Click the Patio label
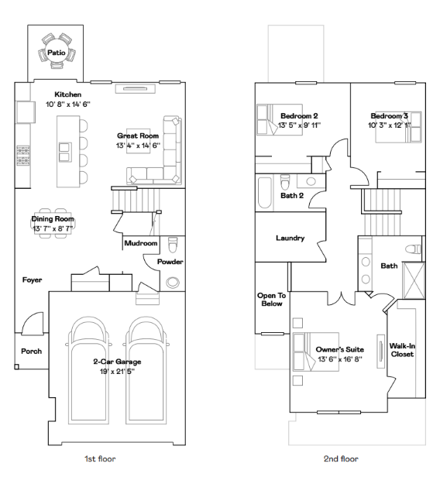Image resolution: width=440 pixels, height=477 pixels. tap(57, 53)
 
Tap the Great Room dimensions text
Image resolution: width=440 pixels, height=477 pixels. tap(138, 145)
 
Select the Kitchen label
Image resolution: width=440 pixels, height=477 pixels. tap(67, 94)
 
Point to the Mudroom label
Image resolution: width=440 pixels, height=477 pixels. tap(141, 243)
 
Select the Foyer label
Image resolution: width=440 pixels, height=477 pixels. tap(32, 280)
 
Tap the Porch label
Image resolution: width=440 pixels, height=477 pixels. tap(31, 351)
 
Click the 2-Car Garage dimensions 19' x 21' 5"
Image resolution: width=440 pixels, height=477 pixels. tap(119, 372)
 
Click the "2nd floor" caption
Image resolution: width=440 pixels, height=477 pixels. tap(340, 459)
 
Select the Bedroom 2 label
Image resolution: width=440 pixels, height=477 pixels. tap(299, 115)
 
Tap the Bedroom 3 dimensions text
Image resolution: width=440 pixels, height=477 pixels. tap(396, 125)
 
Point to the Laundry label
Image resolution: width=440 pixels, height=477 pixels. tap(290, 238)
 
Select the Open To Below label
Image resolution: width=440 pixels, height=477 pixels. tap(272, 300)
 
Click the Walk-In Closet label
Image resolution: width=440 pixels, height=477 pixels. tap(401, 350)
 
